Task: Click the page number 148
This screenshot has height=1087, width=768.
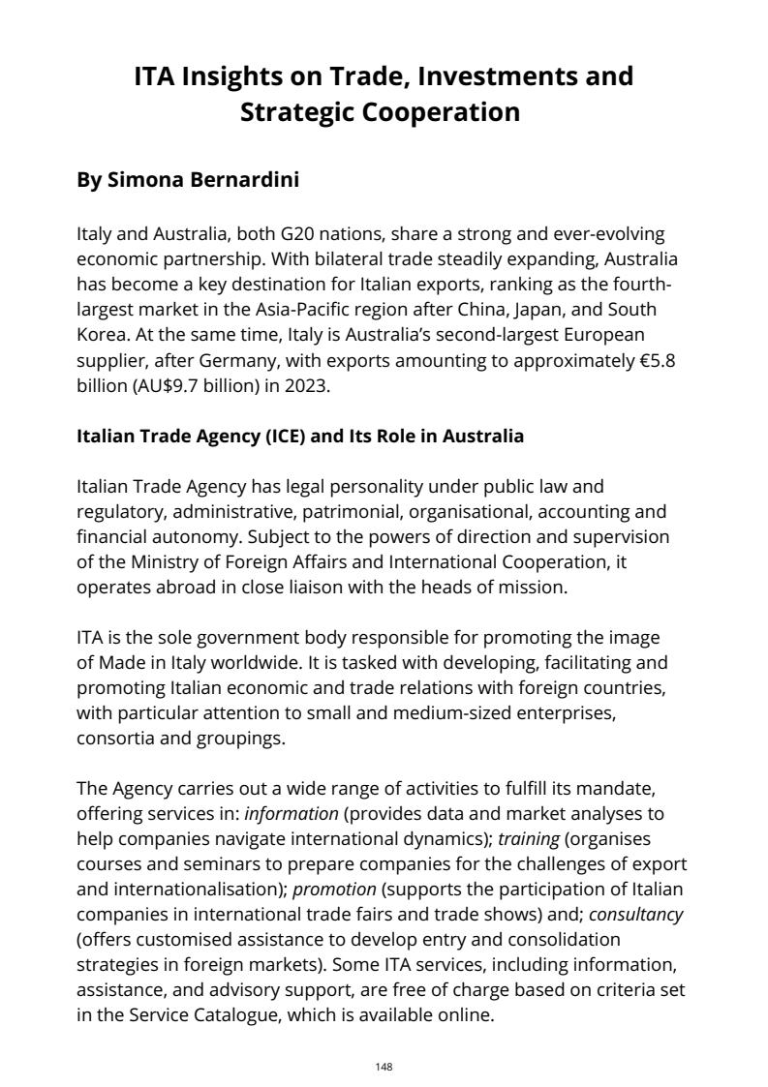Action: [384, 1067]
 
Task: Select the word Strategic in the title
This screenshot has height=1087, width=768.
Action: [297, 112]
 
